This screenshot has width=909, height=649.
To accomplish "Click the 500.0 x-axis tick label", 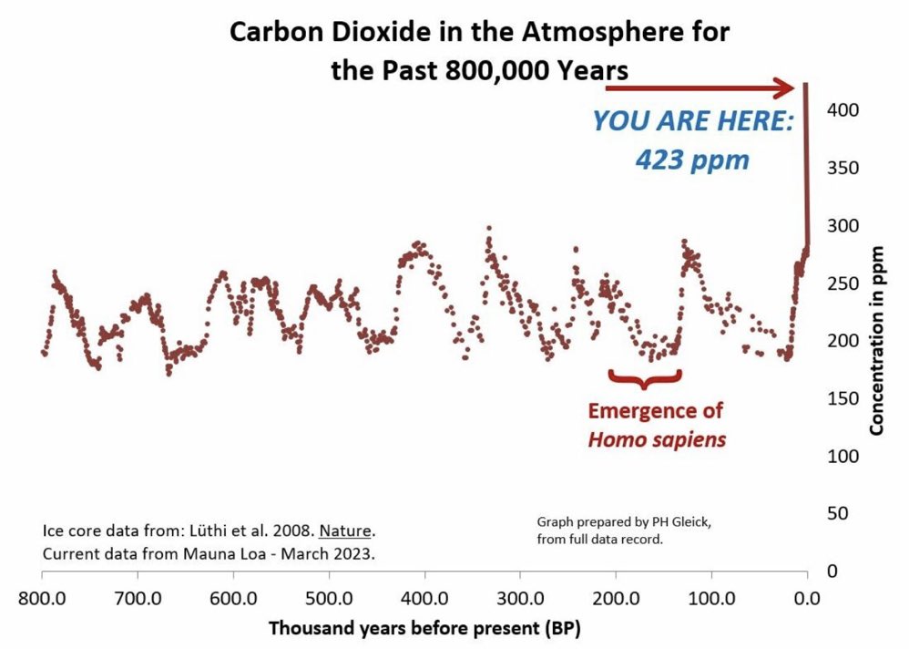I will (x=329, y=599).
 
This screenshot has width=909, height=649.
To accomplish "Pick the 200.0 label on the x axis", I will (x=616, y=599).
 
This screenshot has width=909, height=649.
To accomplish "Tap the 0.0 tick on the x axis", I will (x=806, y=599).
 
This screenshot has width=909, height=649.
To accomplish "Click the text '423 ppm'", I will (x=692, y=160).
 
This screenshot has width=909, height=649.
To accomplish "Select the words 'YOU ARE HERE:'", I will (x=693, y=121).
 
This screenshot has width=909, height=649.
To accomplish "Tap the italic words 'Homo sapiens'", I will (x=657, y=438).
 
